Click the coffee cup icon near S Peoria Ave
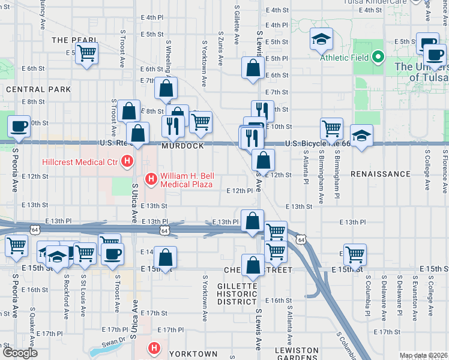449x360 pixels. tap(19, 126)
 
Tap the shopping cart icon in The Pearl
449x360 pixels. tap(87, 53)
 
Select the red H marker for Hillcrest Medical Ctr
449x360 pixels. tap(127, 161)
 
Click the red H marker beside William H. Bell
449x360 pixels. tap(151, 178)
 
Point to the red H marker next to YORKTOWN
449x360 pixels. tap(154, 348)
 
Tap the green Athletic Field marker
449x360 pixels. tap(378, 58)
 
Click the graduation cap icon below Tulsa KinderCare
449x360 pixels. tap(321, 39)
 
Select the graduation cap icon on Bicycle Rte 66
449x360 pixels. tap(361, 135)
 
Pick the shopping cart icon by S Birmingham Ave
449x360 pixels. tap(331, 128)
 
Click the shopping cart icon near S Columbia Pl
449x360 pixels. tap(355, 254)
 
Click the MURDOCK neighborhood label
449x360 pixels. tap(182, 146)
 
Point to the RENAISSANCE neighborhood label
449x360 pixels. tap(381, 174)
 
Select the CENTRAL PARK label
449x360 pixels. tap(38, 89)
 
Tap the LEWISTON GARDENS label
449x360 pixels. tap(297, 353)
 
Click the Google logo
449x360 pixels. tap(20, 353)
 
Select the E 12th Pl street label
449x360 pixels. tap(241, 190)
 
